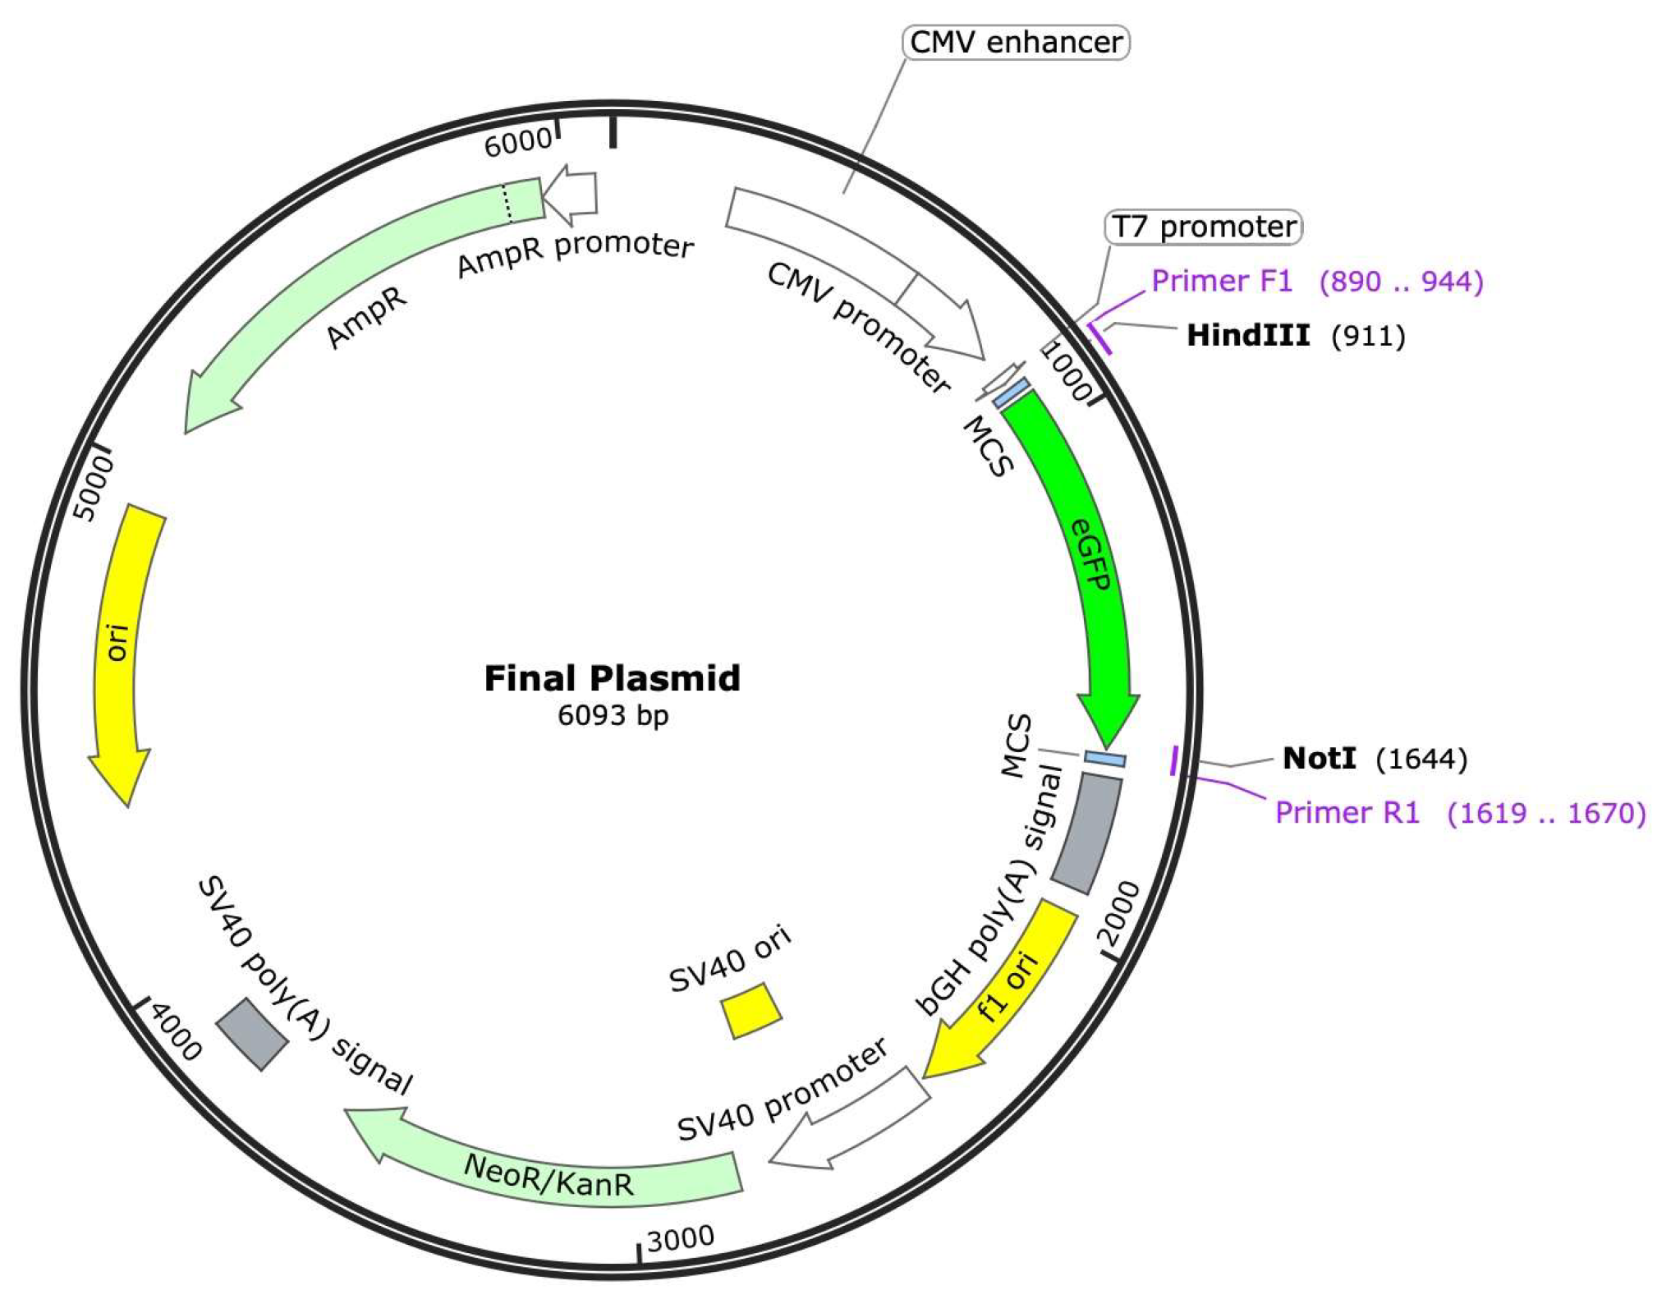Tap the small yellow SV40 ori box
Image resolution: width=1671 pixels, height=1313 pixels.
point(751,1010)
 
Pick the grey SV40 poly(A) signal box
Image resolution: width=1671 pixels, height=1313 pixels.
point(252,1034)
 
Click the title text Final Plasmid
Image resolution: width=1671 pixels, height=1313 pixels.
point(612,679)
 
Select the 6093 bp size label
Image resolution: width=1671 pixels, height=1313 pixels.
point(613,715)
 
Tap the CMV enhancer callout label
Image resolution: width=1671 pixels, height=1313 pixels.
point(1016,43)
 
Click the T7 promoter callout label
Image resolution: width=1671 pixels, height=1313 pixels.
point(1204,227)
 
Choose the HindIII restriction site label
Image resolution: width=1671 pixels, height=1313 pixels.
point(1248,335)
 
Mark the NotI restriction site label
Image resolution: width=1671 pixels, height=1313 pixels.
point(1319,758)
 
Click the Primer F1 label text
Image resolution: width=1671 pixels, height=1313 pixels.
point(1222,281)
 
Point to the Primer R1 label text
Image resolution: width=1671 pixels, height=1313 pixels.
point(1347,812)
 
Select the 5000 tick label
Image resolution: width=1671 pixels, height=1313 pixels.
point(94,489)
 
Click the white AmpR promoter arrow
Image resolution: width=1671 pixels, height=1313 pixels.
point(572,195)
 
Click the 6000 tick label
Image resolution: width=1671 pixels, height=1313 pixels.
point(517,144)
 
